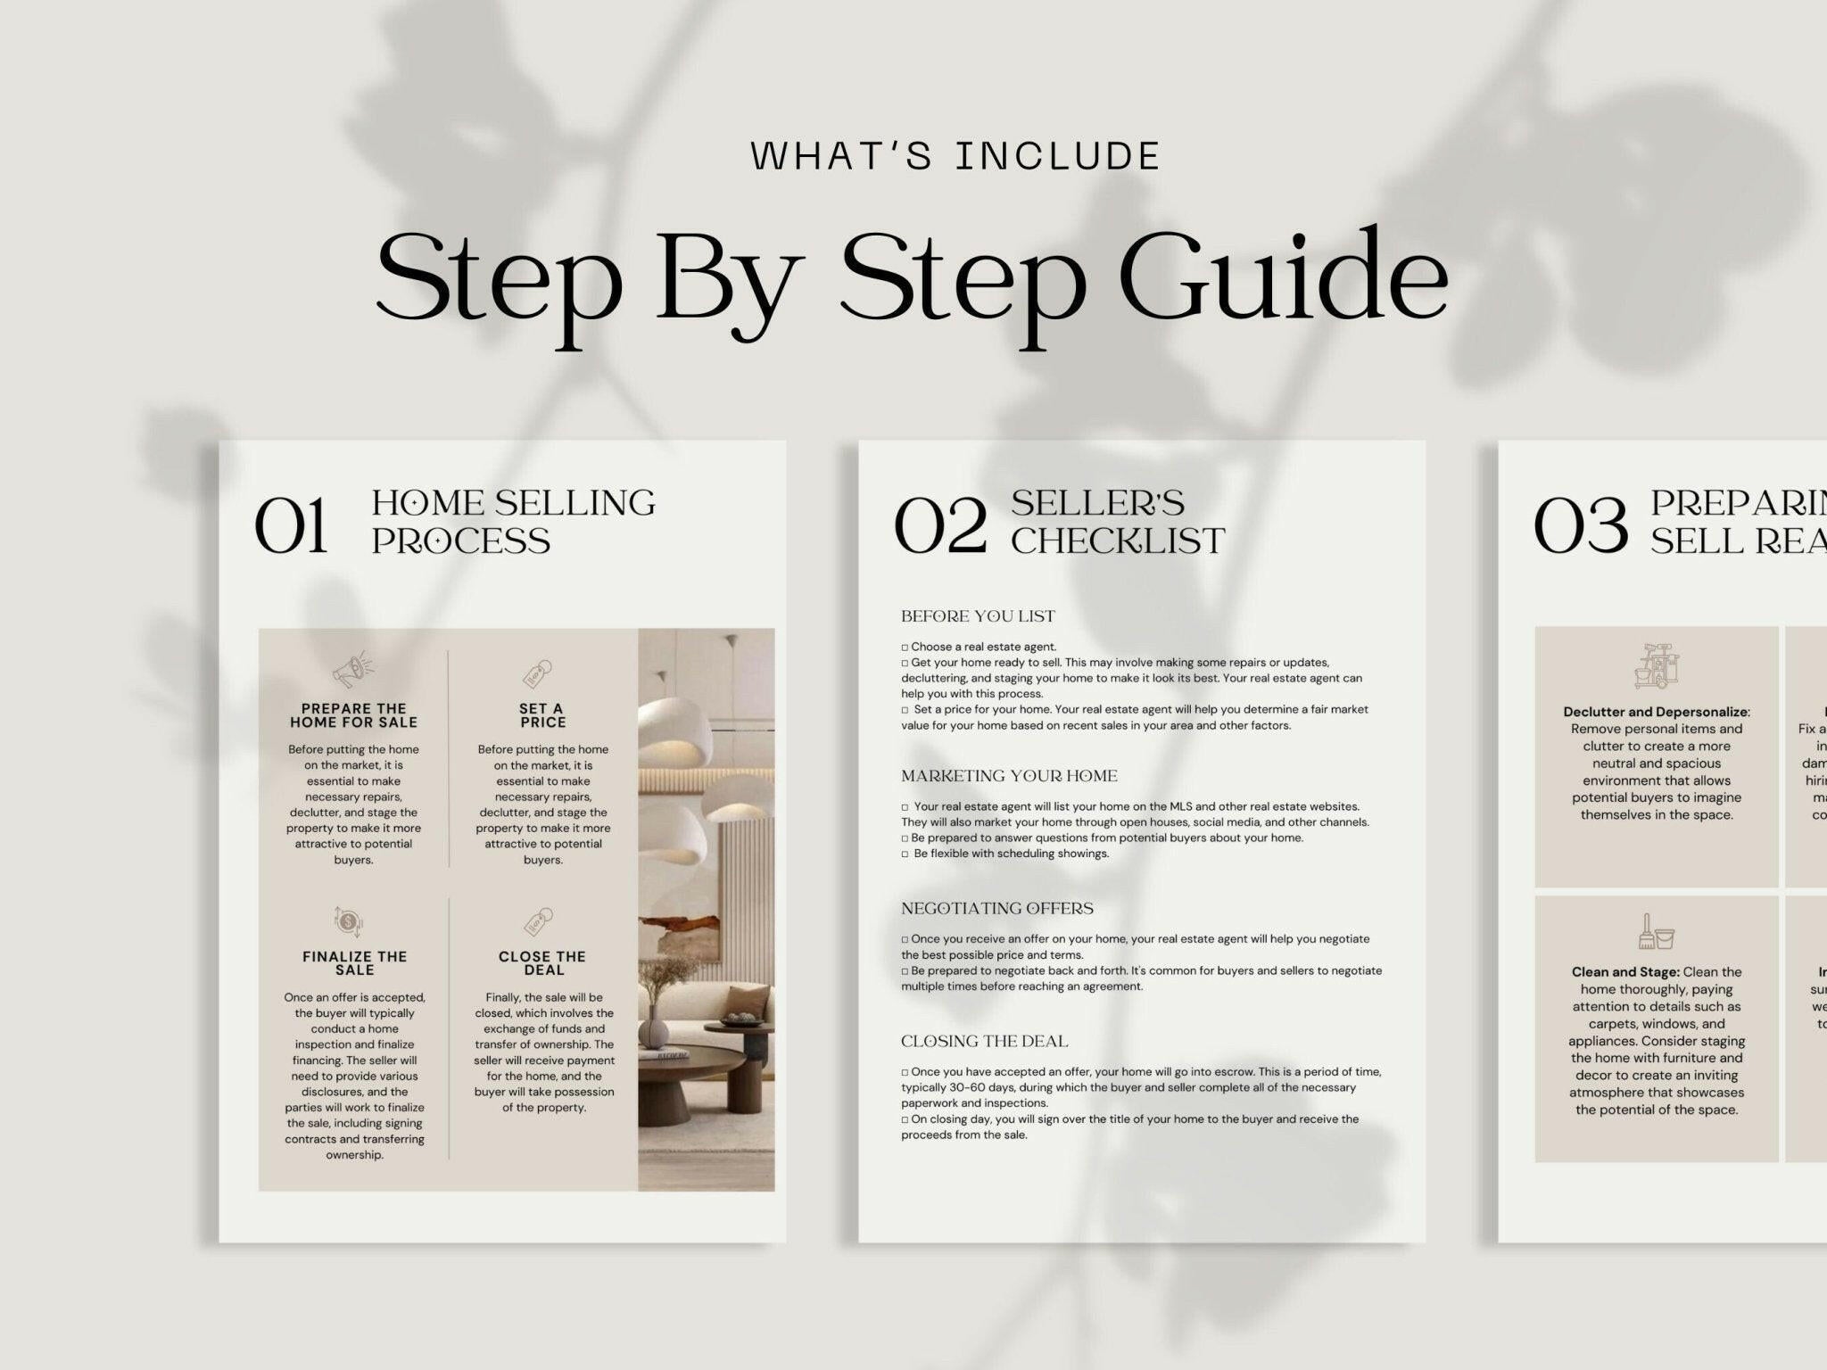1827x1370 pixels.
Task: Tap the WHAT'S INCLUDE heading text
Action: point(955,156)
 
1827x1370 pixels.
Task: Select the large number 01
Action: point(291,526)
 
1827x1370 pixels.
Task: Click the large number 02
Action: point(939,526)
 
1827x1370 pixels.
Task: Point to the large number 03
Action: point(1580,526)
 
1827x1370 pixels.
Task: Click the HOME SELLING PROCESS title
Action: point(513,522)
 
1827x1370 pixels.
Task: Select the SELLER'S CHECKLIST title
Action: point(1117,522)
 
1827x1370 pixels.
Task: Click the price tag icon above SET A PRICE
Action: point(538,673)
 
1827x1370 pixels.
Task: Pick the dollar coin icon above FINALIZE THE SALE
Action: point(348,921)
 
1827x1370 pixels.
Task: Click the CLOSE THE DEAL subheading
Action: point(542,962)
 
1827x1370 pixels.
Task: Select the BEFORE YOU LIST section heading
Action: point(978,616)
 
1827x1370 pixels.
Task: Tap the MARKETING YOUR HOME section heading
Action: point(1009,776)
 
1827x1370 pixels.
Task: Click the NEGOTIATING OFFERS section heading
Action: point(996,908)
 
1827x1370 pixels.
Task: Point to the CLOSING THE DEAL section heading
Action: point(984,1041)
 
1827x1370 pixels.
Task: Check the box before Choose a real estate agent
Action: point(905,648)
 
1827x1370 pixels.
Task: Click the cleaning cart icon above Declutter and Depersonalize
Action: point(1657,665)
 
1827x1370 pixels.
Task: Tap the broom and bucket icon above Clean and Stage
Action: point(1656,931)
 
